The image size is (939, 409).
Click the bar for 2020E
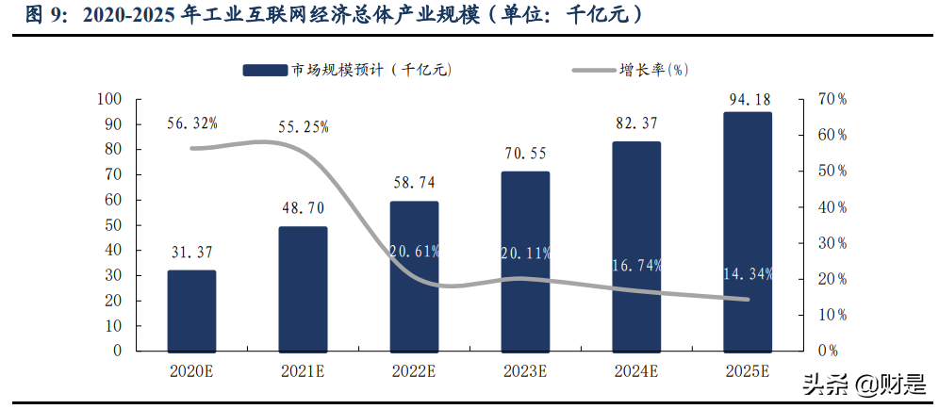(x=191, y=310)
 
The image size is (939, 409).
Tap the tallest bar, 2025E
(x=747, y=231)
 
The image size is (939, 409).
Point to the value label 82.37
(x=636, y=123)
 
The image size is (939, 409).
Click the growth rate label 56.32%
(x=191, y=123)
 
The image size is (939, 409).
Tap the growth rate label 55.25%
(x=304, y=127)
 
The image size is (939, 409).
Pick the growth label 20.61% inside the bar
(x=414, y=251)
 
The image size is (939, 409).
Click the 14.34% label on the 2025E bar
(x=748, y=273)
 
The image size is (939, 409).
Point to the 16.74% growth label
(x=636, y=266)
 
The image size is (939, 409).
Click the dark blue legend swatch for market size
(x=265, y=70)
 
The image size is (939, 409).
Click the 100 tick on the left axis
(x=110, y=99)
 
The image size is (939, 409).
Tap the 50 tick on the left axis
(x=113, y=225)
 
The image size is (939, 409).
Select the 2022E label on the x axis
(x=414, y=371)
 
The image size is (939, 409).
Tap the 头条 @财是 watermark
(x=862, y=384)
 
